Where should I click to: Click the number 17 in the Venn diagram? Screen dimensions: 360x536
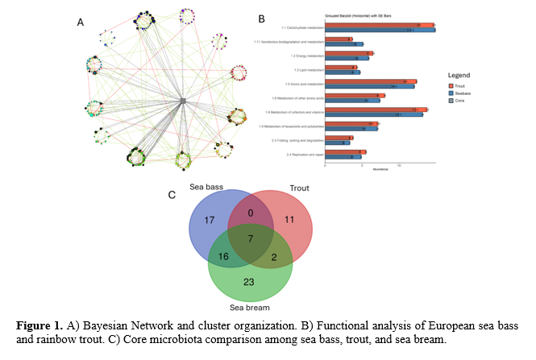pyautogui.click(x=209, y=220)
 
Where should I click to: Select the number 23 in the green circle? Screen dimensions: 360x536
pyautogui.click(x=248, y=282)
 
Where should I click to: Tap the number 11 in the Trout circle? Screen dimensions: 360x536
pyautogui.click(x=289, y=219)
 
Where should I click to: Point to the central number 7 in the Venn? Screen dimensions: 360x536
pyautogui.click(x=250, y=240)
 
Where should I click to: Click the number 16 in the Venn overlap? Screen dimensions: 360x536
pyautogui.click(x=223, y=256)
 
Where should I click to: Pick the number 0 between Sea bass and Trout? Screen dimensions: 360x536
pyautogui.click(x=251, y=213)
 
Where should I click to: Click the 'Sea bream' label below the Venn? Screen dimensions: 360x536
pyautogui.click(x=249, y=307)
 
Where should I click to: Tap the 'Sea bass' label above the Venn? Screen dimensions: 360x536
pyautogui.click(x=207, y=187)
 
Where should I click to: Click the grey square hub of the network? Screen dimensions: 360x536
pyautogui.click(x=183, y=100)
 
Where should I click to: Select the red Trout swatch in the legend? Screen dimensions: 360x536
pyautogui.click(x=452, y=84)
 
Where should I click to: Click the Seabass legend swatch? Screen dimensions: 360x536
pyautogui.click(x=452, y=91)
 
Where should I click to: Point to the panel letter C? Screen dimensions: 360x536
pyautogui.click(x=171, y=194)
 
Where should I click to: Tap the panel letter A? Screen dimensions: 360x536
pyautogui.click(x=80, y=23)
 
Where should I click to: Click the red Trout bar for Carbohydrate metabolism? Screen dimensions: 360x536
pyautogui.click(x=379, y=25)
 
